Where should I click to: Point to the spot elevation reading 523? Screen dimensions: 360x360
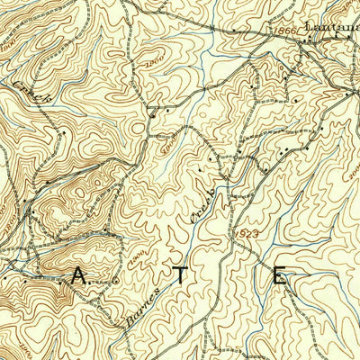(251, 232)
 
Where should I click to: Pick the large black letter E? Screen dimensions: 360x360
(281, 275)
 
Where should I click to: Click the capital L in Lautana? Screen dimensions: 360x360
(310, 28)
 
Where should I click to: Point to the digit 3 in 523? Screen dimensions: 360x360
(257, 232)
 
